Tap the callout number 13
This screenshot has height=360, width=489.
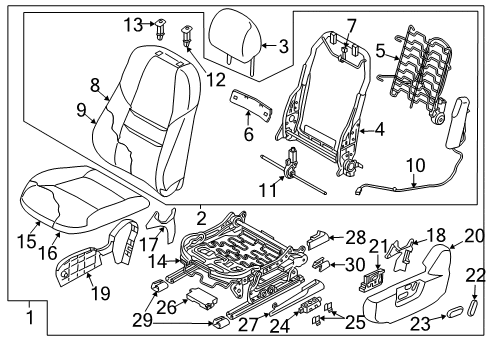133,25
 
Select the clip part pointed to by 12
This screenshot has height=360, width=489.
186,36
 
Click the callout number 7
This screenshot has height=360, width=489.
351,26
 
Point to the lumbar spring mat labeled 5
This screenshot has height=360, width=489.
420,77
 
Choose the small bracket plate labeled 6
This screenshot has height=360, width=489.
251,104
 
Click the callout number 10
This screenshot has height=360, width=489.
416,165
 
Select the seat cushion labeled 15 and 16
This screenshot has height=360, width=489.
83,199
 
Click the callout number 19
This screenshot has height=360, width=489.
101,293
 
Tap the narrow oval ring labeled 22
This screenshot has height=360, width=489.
473,307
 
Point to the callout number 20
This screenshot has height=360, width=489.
474,236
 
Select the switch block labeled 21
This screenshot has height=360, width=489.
372,279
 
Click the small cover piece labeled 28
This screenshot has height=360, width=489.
318,239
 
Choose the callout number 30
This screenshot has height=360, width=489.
355,265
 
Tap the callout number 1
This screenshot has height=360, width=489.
30,317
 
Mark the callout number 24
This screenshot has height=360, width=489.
280,326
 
